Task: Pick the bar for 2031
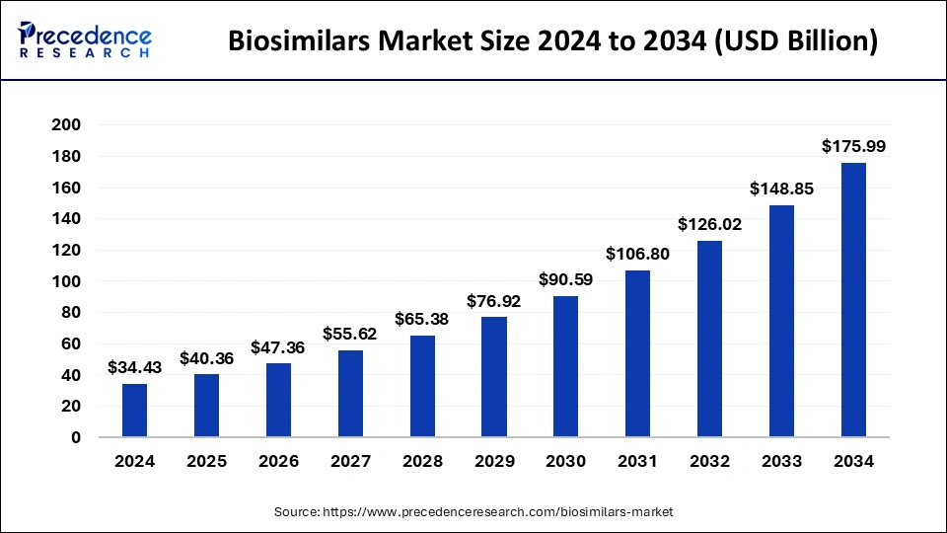point(638,353)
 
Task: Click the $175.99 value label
point(853,146)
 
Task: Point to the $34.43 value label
point(134,367)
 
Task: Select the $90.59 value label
point(566,279)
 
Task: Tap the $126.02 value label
point(710,224)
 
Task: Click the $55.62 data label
point(350,334)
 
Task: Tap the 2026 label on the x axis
point(278,461)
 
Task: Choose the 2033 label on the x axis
point(781,461)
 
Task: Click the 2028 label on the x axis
point(422,461)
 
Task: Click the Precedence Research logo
point(84,40)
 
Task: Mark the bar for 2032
point(710,339)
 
